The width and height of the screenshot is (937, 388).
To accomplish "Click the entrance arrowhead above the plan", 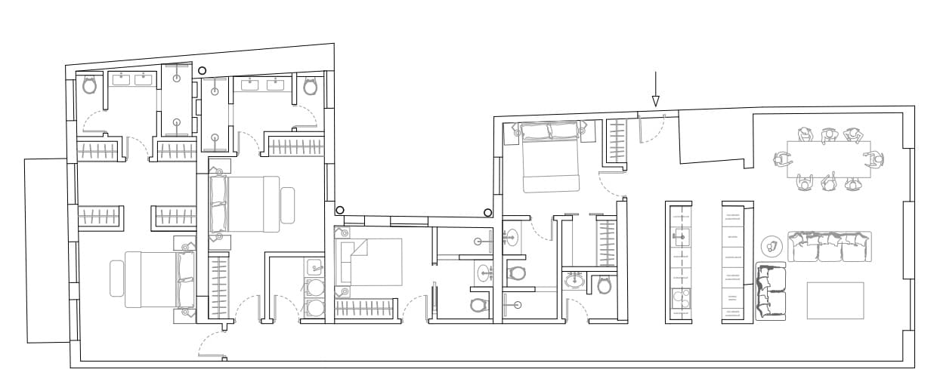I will pyautogui.click(x=655, y=101).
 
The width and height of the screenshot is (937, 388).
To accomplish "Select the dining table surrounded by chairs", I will pyautogui.click(x=828, y=159).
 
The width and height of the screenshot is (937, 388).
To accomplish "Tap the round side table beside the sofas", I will pyautogui.click(x=771, y=245).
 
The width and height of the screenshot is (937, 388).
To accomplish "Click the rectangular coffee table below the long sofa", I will pyautogui.click(x=835, y=300).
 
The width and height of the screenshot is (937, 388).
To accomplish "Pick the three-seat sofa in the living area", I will pyautogui.click(x=830, y=247).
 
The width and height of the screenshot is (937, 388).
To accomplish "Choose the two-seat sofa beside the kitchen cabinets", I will pyautogui.click(x=771, y=291).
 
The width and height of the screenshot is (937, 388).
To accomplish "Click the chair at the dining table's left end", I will pyautogui.click(x=781, y=159).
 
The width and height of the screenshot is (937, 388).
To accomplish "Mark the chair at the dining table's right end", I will pyautogui.click(x=876, y=159).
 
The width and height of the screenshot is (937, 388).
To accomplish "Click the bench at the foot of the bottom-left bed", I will pyautogui.click(x=117, y=279).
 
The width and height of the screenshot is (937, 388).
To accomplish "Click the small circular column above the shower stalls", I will pyautogui.click(x=202, y=71).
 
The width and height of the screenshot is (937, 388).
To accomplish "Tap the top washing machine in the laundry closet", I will pyautogui.click(x=314, y=286).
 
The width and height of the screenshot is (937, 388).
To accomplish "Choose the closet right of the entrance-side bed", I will pyautogui.click(x=616, y=141).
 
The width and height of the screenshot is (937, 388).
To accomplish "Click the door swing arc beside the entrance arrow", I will pyautogui.click(x=651, y=128).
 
